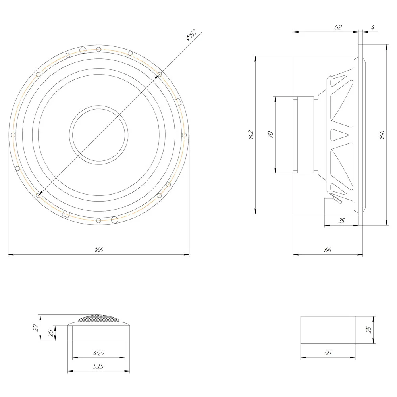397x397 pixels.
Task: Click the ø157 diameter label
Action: click(x=191, y=35)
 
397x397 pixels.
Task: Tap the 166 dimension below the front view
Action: click(x=99, y=250)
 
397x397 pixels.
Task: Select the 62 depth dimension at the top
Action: click(x=338, y=27)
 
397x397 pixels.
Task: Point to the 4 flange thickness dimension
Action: click(x=373, y=27)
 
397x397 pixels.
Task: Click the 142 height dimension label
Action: click(x=251, y=135)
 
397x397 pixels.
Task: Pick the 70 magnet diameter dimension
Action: click(x=270, y=135)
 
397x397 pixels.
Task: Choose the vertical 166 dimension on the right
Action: click(x=382, y=135)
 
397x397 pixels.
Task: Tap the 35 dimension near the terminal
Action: click(x=341, y=221)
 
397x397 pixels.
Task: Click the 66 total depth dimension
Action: click(x=328, y=250)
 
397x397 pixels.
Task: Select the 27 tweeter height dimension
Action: click(x=36, y=328)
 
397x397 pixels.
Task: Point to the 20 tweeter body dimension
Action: click(x=51, y=333)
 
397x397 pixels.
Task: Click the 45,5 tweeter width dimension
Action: click(x=98, y=353)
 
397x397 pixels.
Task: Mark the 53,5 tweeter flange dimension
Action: click(x=98, y=366)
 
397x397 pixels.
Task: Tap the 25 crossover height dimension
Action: click(x=369, y=330)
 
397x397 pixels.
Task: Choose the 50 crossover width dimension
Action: click(x=328, y=353)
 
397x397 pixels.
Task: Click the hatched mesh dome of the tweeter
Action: click(x=98, y=318)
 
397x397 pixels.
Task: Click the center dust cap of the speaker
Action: click(x=99, y=135)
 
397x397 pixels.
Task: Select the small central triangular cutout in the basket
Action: click(x=339, y=135)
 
